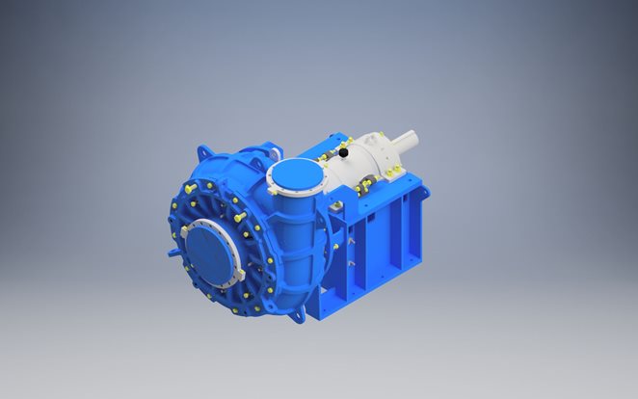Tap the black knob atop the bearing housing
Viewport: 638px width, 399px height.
342,152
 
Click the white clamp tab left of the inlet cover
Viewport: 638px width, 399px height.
185,231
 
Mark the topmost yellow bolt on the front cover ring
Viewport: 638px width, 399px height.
193,185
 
